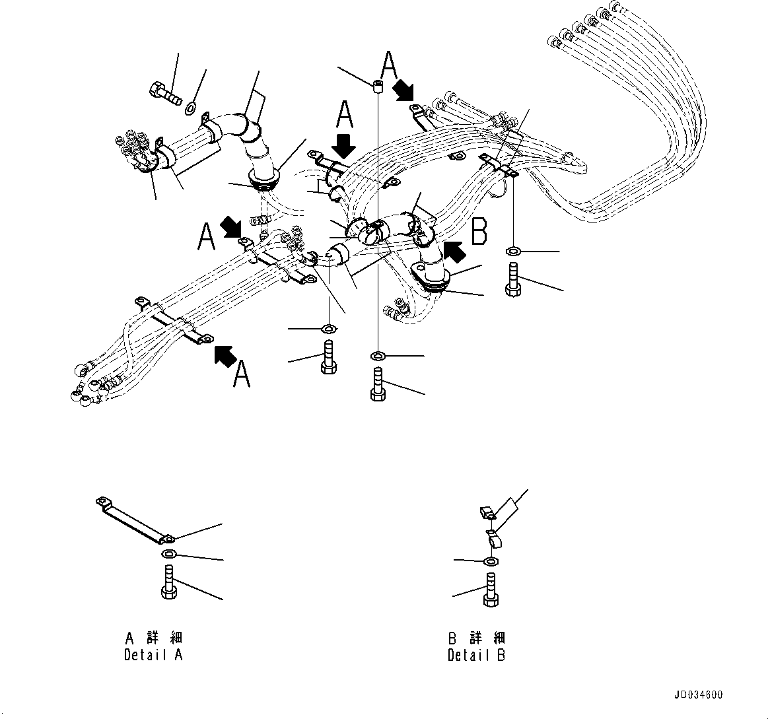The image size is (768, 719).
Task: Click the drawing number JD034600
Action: [698, 695]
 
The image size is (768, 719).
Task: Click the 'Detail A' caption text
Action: [153, 655]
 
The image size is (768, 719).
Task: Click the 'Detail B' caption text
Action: [476, 655]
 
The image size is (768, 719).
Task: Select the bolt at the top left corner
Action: [165, 93]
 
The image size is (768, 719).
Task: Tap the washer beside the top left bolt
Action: [192, 108]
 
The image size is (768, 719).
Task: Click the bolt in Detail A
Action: [168, 582]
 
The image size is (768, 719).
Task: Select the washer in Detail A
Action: [168, 553]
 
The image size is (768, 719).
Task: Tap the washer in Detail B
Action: [490, 561]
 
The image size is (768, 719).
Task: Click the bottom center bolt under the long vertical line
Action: [377, 385]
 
